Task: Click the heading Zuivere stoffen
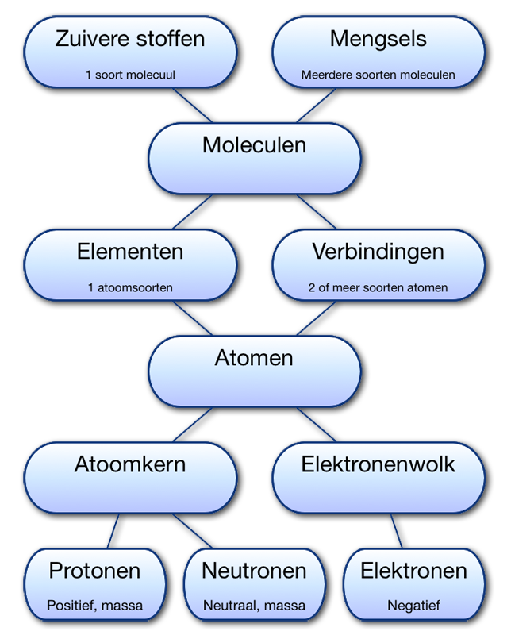pos(130,39)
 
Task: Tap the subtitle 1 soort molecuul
pos(130,75)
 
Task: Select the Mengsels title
pos(378,39)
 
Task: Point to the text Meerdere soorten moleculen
pos(378,75)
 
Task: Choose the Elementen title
pos(130,252)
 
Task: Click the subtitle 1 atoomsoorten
pos(130,287)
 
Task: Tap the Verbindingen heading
pos(378,252)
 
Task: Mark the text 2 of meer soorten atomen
pos(378,287)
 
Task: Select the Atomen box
pos(254,370)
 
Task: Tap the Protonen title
pos(94,571)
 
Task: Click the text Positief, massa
pos(94,606)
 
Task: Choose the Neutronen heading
pos(254,571)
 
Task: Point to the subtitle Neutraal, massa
pos(254,606)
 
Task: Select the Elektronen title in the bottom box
pos(413,571)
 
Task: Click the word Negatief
pos(413,606)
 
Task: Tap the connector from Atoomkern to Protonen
pos(115,530)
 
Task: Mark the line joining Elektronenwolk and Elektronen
pos(397,530)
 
